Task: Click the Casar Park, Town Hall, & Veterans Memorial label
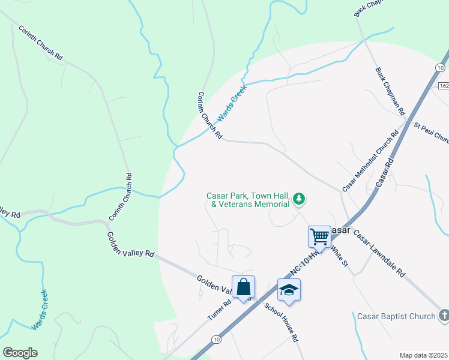pyautogui.click(x=249, y=200)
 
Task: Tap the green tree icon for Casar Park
pyautogui.click(x=299, y=199)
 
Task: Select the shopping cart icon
pyautogui.click(x=319, y=236)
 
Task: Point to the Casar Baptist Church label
pyautogui.click(x=396, y=316)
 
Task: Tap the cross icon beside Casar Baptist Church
pyautogui.click(x=443, y=315)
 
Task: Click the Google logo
pyautogui.click(x=20, y=353)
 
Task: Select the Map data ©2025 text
pyautogui.click(x=424, y=355)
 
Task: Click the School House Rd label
pyautogui.click(x=282, y=322)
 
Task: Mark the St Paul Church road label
pyautogui.click(x=432, y=133)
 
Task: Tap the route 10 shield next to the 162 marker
pyautogui.click(x=441, y=68)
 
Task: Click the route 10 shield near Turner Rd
pyautogui.click(x=216, y=340)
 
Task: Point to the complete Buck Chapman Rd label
pyautogui.click(x=390, y=91)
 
